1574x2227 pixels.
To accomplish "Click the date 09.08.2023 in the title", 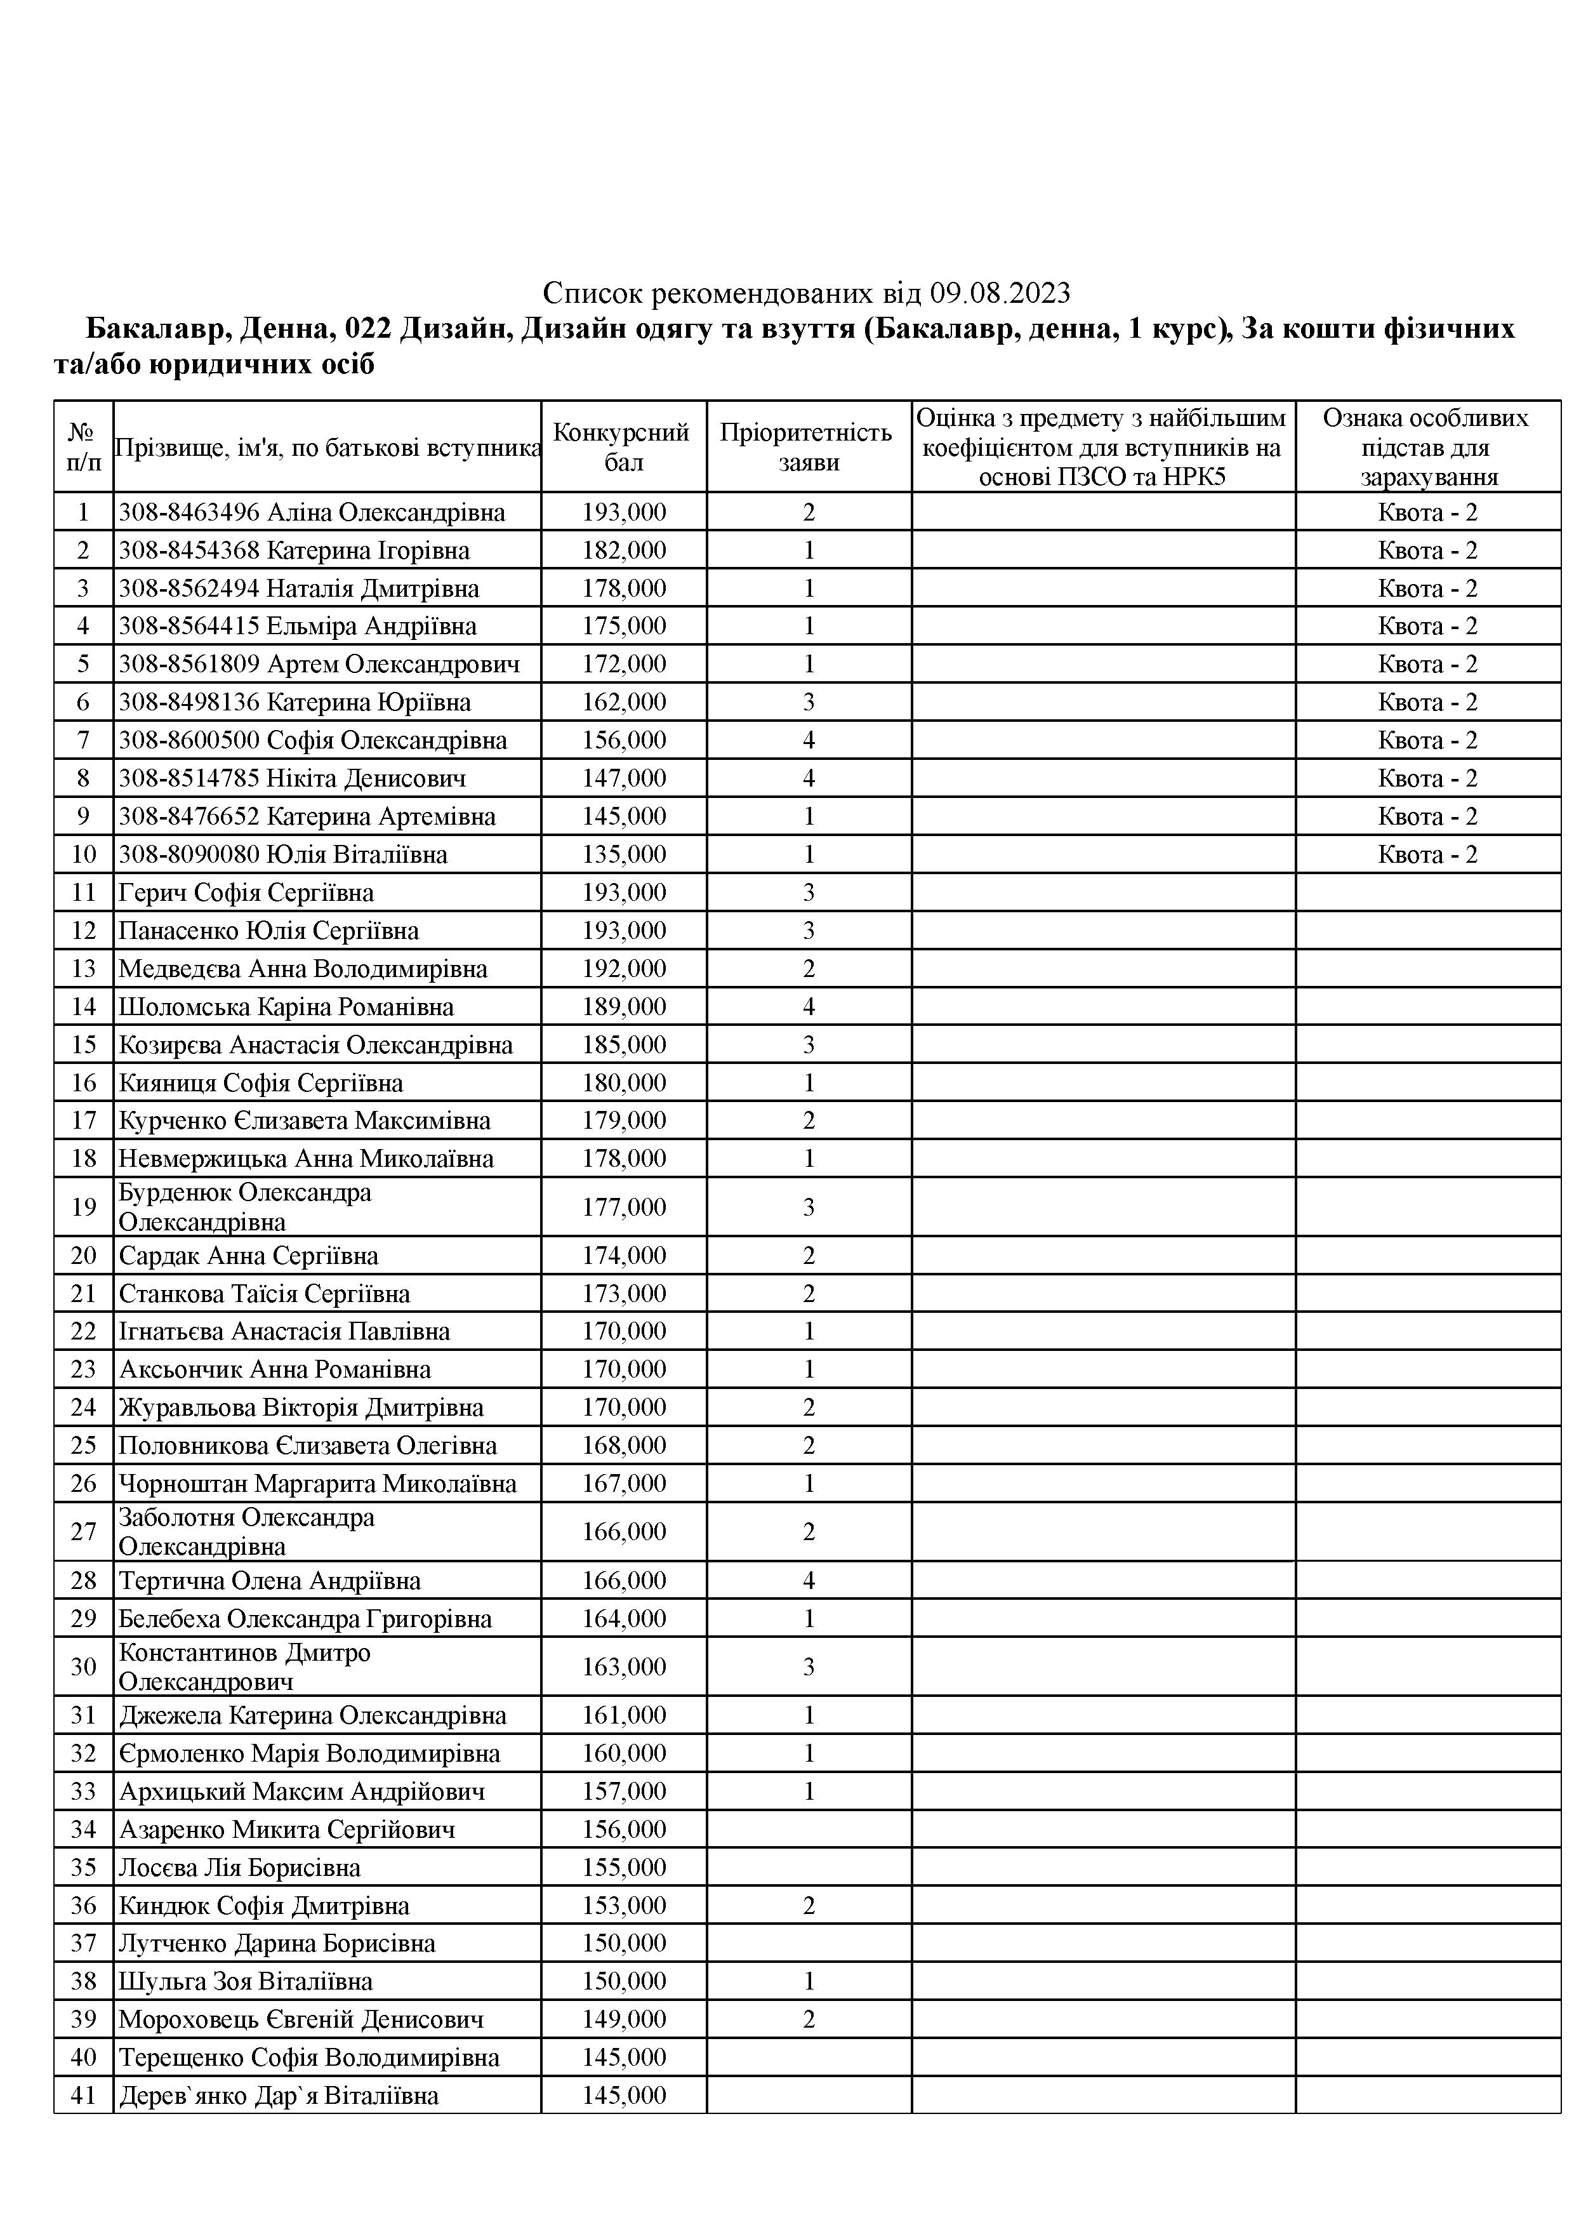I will pos(1000,292).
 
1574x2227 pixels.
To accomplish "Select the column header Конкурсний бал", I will pos(623,446).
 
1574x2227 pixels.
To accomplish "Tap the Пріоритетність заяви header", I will pos(808,446).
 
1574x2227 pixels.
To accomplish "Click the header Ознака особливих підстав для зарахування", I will pos(1427,446).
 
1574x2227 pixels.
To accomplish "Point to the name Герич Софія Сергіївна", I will pos(246,893).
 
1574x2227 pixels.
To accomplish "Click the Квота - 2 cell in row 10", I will pos(1427,854).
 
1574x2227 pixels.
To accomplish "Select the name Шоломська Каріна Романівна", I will pos(286,1007).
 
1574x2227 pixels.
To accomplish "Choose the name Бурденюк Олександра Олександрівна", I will pos(244,1207).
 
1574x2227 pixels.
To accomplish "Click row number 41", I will pos(83,2095).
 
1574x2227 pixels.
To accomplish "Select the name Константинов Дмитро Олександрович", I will pos(244,1666).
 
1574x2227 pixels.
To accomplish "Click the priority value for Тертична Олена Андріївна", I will pos(808,1580).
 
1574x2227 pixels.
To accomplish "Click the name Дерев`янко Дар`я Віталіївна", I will pos(279,2095).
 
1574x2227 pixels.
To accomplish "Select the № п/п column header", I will pos(83,446).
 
